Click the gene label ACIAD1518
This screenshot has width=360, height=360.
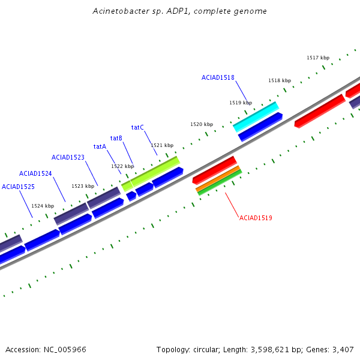click(x=218, y=77)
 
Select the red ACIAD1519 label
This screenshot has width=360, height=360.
click(x=256, y=218)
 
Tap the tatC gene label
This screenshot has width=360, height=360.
click(x=137, y=127)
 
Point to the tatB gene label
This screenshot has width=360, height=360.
click(x=116, y=138)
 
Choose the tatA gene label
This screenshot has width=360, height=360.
click(x=100, y=146)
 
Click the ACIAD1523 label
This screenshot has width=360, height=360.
click(x=68, y=157)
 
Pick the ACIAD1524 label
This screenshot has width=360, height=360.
click(x=35, y=173)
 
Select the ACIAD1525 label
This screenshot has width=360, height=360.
click(x=18, y=187)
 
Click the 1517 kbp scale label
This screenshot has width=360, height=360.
click(x=318, y=58)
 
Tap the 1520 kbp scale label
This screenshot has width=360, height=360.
click(x=202, y=124)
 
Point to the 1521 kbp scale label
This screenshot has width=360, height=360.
click(x=162, y=145)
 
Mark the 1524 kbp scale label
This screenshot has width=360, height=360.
click(x=43, y=206)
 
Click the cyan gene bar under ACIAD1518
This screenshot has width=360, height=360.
click(x=256, y=116)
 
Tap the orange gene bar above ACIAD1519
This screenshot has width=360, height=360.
click(x=218, y=178)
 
